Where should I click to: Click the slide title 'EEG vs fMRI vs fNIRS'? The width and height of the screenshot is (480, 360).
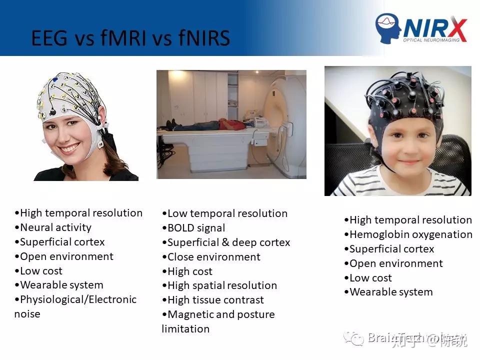(130, 38)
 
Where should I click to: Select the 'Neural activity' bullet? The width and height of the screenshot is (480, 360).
(55, 227)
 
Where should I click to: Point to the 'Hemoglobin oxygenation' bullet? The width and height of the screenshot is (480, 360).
(410, 234)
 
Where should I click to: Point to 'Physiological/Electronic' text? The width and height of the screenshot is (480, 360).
(78, 299)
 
